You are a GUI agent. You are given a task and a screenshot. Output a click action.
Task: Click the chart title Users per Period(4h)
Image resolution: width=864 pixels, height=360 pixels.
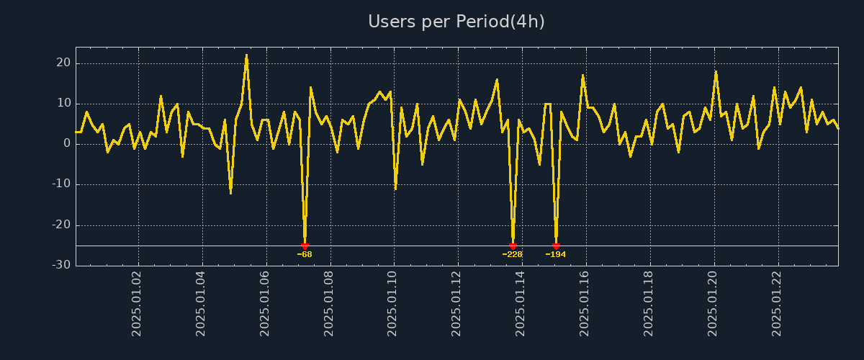(x=456, y=22)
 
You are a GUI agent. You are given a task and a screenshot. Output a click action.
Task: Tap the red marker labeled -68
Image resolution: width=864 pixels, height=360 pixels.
(x=305, y=246)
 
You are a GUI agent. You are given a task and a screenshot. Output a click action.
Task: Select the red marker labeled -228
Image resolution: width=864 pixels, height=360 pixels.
(x=513, y=246)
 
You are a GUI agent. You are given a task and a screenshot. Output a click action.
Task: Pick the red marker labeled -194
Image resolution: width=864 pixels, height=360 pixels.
(x=556, y=246)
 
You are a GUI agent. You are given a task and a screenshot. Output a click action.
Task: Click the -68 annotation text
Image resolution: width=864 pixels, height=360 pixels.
(x=305, y=254)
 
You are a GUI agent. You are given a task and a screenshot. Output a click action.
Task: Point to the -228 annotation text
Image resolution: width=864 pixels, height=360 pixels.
(x=513, y=254)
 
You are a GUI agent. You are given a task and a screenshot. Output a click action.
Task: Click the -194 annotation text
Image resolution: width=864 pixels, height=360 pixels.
(x=556, y=254)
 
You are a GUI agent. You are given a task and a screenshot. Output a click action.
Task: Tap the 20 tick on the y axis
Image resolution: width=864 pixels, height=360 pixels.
(x=63, y=63)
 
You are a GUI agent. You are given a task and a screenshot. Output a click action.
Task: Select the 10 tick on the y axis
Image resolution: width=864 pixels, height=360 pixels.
(x=63, y=103)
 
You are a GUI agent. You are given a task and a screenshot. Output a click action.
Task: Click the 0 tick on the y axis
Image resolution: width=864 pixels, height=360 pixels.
(x=67, y=143)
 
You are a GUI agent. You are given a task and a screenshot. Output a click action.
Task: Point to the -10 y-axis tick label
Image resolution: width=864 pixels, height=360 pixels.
(x=61, y=184)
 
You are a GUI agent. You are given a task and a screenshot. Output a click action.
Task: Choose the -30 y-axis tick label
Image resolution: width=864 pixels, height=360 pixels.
(x=61, y=265)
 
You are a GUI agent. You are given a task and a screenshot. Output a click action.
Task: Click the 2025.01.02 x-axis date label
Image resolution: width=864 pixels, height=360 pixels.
(x=137, y=303)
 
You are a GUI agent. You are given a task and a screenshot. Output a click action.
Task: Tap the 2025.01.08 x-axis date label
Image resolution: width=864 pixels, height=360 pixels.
(x=329, y=303)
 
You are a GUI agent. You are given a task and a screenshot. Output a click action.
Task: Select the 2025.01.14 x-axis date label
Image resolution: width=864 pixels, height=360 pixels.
(x=521, y=303)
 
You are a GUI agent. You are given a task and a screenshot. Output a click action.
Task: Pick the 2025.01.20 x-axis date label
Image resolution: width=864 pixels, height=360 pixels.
(x=714, y=303)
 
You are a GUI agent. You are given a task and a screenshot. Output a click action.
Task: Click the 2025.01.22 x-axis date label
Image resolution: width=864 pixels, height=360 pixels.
(x=777, y=303)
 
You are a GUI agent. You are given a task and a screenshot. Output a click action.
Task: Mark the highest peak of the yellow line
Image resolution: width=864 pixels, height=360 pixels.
(x=246, y=55)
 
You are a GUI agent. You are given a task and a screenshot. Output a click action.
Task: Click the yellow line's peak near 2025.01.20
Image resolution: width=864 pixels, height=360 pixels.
(x=716, y=71)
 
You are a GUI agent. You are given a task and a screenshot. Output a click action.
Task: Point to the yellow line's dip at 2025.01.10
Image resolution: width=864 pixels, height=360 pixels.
(x=395, y=189)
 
